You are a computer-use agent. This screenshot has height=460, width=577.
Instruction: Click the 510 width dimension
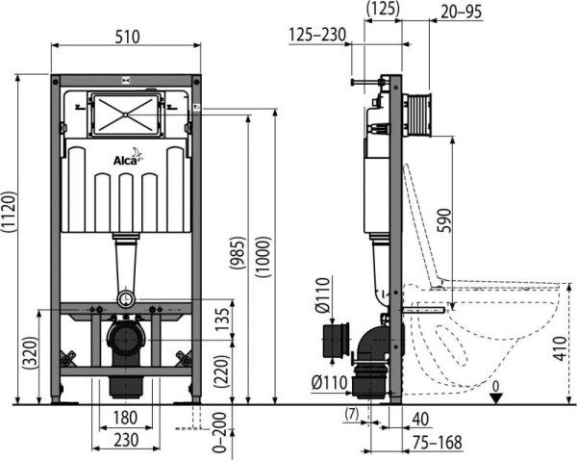coord(127,37)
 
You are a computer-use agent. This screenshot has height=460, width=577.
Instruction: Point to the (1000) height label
coord(263,258)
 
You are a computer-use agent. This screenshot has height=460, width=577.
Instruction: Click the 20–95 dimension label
coord(462,11)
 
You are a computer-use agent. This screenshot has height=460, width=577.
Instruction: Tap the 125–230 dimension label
coord(318,36)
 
